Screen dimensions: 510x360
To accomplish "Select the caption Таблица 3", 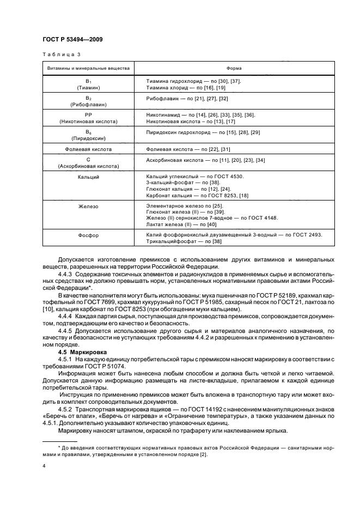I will [x=61, y=55].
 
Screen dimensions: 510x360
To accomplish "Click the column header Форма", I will [x=234, y=69].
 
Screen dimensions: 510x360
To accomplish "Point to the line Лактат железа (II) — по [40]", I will [x=181, y=224].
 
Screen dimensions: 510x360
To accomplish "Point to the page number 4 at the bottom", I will [x=44, y=466].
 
